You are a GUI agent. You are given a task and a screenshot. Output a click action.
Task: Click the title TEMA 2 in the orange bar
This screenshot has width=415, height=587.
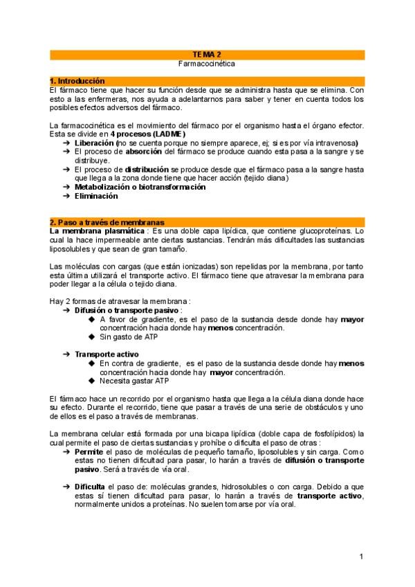(x=207, y=54)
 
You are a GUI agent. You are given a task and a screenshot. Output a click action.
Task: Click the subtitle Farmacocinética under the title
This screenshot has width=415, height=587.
(x=207, y=63)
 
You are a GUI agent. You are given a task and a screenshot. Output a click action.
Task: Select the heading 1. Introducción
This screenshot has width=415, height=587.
(x=77, y=81)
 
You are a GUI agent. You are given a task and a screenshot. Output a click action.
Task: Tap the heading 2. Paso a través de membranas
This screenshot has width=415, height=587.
(x=102, y=222)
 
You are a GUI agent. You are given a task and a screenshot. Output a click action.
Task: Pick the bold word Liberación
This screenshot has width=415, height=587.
(x=96, y=143)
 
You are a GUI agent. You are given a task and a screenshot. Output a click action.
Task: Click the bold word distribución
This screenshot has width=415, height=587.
(x=147, y=169)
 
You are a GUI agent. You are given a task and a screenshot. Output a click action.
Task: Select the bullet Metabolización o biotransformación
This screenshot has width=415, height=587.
(x=140, y=187)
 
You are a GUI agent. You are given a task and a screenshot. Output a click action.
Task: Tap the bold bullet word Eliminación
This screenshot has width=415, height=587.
(x=96, y=196)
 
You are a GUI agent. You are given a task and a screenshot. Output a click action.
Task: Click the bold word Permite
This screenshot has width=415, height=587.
(x=89, y=451)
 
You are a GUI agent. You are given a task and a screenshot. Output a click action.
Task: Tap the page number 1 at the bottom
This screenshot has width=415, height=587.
(x=362, y=557)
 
